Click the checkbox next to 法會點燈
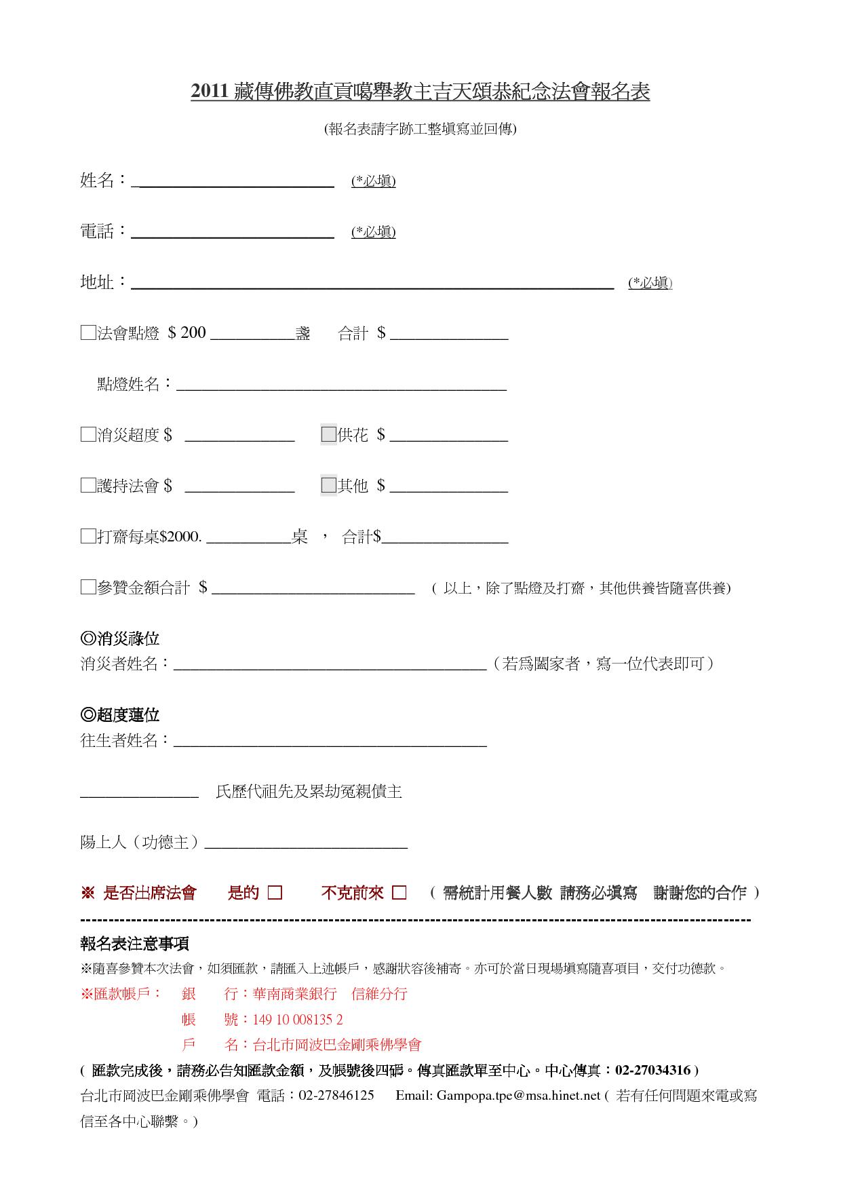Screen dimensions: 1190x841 pyautogui.click(x=87, y=333)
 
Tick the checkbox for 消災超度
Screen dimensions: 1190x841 pyautogui.click(x=87, y=435)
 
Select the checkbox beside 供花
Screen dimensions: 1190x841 pyautogui.click(x=329, y=435)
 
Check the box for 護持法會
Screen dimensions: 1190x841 pyautogui.click(x=87, y=486)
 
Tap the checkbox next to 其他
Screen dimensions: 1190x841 pyautogui.click(x=329, y=486)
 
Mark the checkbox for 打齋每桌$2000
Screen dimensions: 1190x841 pyautogui.click(x=87, y=537)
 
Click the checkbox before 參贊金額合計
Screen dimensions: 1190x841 pyautogui.click(x=87, y=588)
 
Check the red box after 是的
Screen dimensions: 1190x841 pyautogui.click(x=275, y=893)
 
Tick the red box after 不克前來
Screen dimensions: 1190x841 pyautogui.click(x=399, y=893)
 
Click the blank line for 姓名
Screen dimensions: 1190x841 pyautogui.click(x=234, y=182)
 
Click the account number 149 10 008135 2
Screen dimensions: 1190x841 pyautogui.click(x=298, y=1020)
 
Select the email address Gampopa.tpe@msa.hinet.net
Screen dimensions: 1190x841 pyautogui.click(x=518, y=1096)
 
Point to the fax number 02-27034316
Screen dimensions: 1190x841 pyautogui.click(x=652, y=1071)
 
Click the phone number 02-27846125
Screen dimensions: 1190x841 pyautogui.click(x=336, y=1096)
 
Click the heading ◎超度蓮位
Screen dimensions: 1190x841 pyautogui.click(x=120, y=715)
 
